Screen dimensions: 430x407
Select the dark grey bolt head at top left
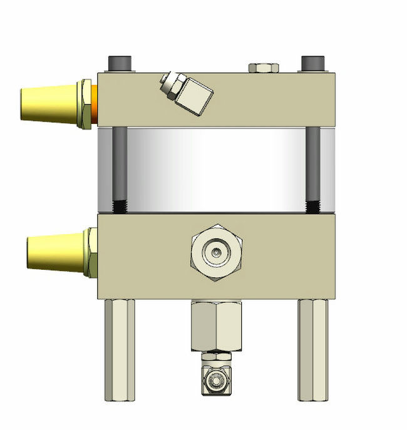coord(120,64)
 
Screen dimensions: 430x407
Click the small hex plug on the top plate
coord(265,68)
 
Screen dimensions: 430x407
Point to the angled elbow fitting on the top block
coord(187,91)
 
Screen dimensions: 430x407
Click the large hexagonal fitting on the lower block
coord(217,252)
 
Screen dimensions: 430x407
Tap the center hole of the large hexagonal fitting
coord(217,252)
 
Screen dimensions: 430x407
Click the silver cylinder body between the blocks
coord(216,169)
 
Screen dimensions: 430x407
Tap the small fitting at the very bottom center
coord(217,377)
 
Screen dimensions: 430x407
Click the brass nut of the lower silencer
coord(91,252)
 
